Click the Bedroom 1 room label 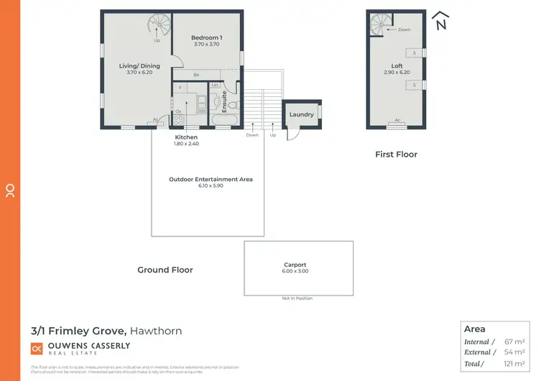pos(206,37)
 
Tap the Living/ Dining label pos(139,66)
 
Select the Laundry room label pos(301,114)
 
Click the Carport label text pos(295,265)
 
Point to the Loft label pos(397,66)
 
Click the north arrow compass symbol pos(441,21)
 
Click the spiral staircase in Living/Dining pos(157,25)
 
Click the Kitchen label pos(186,137)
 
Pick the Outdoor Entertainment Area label pos(211,179)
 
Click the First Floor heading pos(396,154)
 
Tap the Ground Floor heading pos(165,270)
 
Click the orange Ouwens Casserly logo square pos(37,349)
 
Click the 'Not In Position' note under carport pos(298,298)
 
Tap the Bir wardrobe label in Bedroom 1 pos(196,74)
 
